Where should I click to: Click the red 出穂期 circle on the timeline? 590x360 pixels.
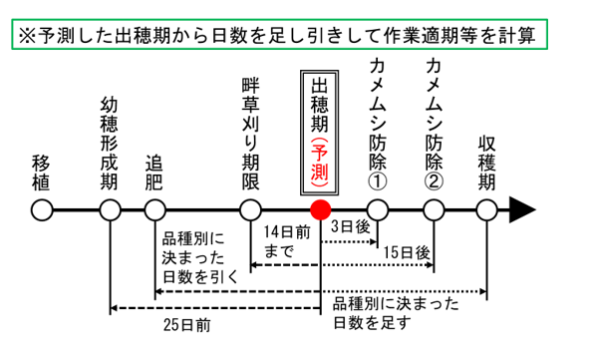click(x=320, y=210)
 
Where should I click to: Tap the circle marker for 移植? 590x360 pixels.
click(x=41, y=210)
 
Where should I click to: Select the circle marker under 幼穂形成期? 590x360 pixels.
click(x=110, y=210)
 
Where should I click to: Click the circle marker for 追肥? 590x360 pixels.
click(x=154, y=210)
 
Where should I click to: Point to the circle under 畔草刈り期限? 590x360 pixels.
click(x=249, y=210)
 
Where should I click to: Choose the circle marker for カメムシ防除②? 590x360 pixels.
click(x=435, y=210)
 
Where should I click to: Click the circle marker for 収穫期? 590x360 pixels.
click(x=486, y=210)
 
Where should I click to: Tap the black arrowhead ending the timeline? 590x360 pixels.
click(x=522, y=210)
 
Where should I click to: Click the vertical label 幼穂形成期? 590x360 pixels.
click(x=110, y=144)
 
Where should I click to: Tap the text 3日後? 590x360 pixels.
click(x=349, y=228)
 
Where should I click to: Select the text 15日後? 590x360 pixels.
click(x=409, y=254)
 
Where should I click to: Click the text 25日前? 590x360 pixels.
click(x=188, y=324)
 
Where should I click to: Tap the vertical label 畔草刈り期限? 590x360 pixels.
click(x=250, y=130)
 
